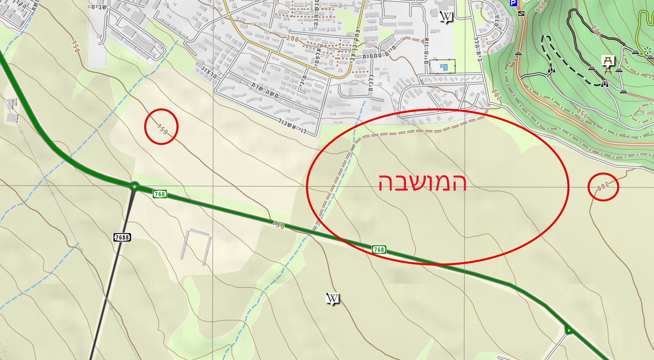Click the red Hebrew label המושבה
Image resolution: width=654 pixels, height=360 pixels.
point(422,183)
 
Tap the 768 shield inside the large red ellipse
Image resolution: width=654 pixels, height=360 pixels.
point(379,249)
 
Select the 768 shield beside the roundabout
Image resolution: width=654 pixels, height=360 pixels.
point(160,194)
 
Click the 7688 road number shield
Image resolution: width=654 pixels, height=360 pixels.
point(122,237)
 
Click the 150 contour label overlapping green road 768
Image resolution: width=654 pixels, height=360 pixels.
point(278,224)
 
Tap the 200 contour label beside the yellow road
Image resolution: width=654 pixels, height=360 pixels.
point(292,39)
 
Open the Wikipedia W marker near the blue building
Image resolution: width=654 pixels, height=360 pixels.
point(446,17)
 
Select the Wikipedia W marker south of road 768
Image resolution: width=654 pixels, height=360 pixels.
point(333,299)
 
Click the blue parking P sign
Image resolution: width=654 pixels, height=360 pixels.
point(513,3)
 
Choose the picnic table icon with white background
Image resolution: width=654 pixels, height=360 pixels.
point(608,61)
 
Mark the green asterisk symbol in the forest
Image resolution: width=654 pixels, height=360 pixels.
point(648,51)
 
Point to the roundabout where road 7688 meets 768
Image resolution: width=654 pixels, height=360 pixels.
point(134,186)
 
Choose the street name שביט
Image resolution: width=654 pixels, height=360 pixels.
point(98,6)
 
